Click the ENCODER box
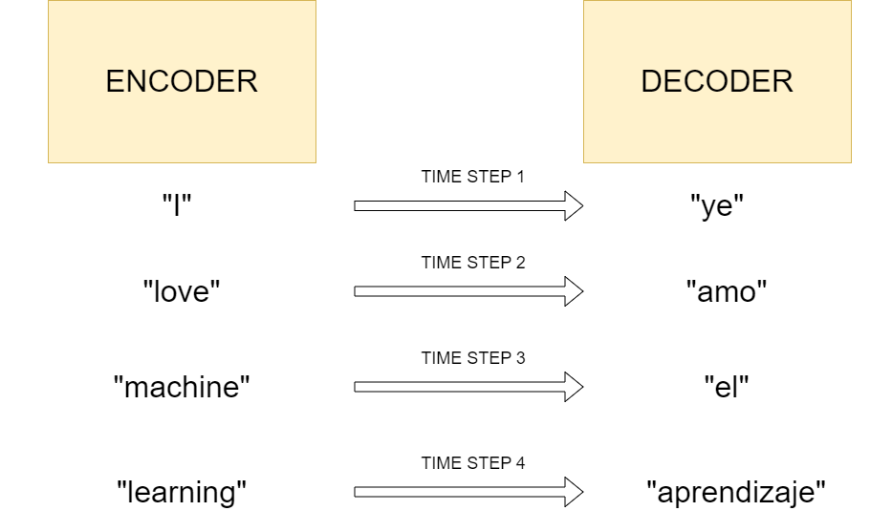(182, 81)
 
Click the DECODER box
(717, 81)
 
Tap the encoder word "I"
(182, 206)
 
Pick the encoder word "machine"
(182, 388)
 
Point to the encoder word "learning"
(182, 493)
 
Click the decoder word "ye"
(717, 206)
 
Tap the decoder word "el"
(727, 388)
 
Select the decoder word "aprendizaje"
(735, 493)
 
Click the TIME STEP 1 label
(473, 177)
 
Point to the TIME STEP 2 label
(473, 263)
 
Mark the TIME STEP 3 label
(473, 358)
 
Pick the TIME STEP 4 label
(473, 463)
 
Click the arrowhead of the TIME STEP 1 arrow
(574, 205)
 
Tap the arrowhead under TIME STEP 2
(574, 291)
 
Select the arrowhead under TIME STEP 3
(574, 387)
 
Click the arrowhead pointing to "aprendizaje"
(574, 492)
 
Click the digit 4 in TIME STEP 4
(520, 463)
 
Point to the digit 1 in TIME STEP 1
(520, 177)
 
